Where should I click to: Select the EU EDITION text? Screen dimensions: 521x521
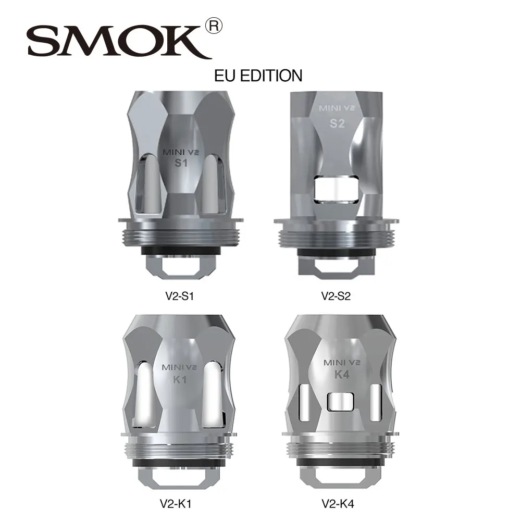point(258,75)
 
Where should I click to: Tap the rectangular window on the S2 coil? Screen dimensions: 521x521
point(336,190)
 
